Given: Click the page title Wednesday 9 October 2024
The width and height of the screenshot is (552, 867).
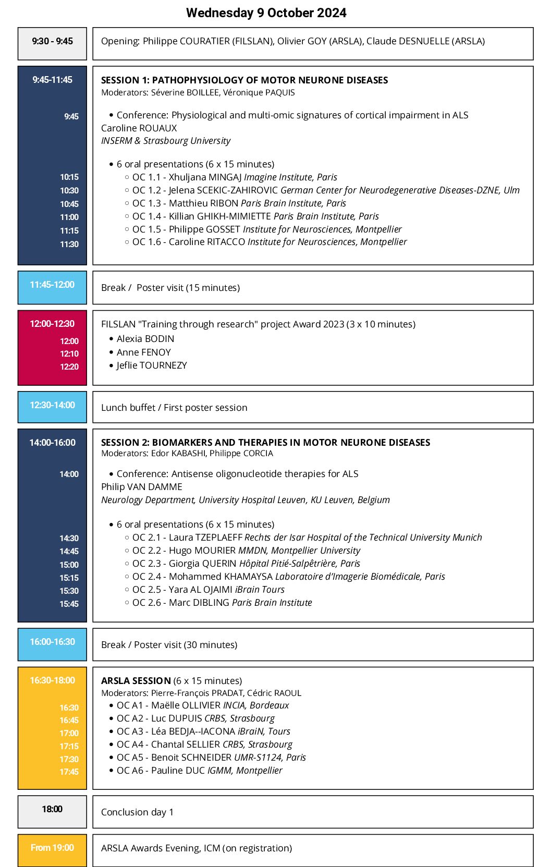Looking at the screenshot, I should [x=266, y=13].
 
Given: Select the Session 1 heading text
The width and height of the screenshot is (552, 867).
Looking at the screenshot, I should [x=244, y=80].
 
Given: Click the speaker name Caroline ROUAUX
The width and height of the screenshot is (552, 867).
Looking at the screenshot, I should [x=139, y=128].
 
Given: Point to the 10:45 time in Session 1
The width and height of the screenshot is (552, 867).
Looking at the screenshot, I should [x=69, y=204].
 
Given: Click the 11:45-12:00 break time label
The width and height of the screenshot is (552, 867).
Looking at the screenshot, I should [x=52, y=285].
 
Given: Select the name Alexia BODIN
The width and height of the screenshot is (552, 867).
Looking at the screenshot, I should [x=145, y=339].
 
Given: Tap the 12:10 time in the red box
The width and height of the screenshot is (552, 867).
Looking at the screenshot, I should [x=69, y=353].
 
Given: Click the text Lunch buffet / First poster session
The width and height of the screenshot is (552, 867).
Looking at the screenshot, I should [x=174, y=407].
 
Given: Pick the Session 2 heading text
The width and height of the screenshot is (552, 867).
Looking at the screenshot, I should [x=265, y=442].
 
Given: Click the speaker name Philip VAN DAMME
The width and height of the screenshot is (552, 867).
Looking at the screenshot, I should [x=141, y=486].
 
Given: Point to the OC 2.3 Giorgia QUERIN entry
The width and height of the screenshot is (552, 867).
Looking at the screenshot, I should [x=246, y=563].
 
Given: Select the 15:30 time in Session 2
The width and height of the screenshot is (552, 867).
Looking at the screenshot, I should [x=69, y=591].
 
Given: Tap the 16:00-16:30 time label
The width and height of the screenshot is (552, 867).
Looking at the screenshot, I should [x=52, y=642].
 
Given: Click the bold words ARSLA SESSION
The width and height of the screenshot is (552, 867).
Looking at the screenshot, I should [x=136, y=680].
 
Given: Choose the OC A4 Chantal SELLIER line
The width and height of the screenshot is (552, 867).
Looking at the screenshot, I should [x=204, y=744].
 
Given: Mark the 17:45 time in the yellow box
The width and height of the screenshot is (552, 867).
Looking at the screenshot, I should [x=69, y=772].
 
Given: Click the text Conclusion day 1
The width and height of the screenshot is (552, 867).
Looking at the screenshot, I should [x=137, y=812].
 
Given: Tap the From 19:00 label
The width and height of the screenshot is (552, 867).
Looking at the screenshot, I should [x=52, y=848].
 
